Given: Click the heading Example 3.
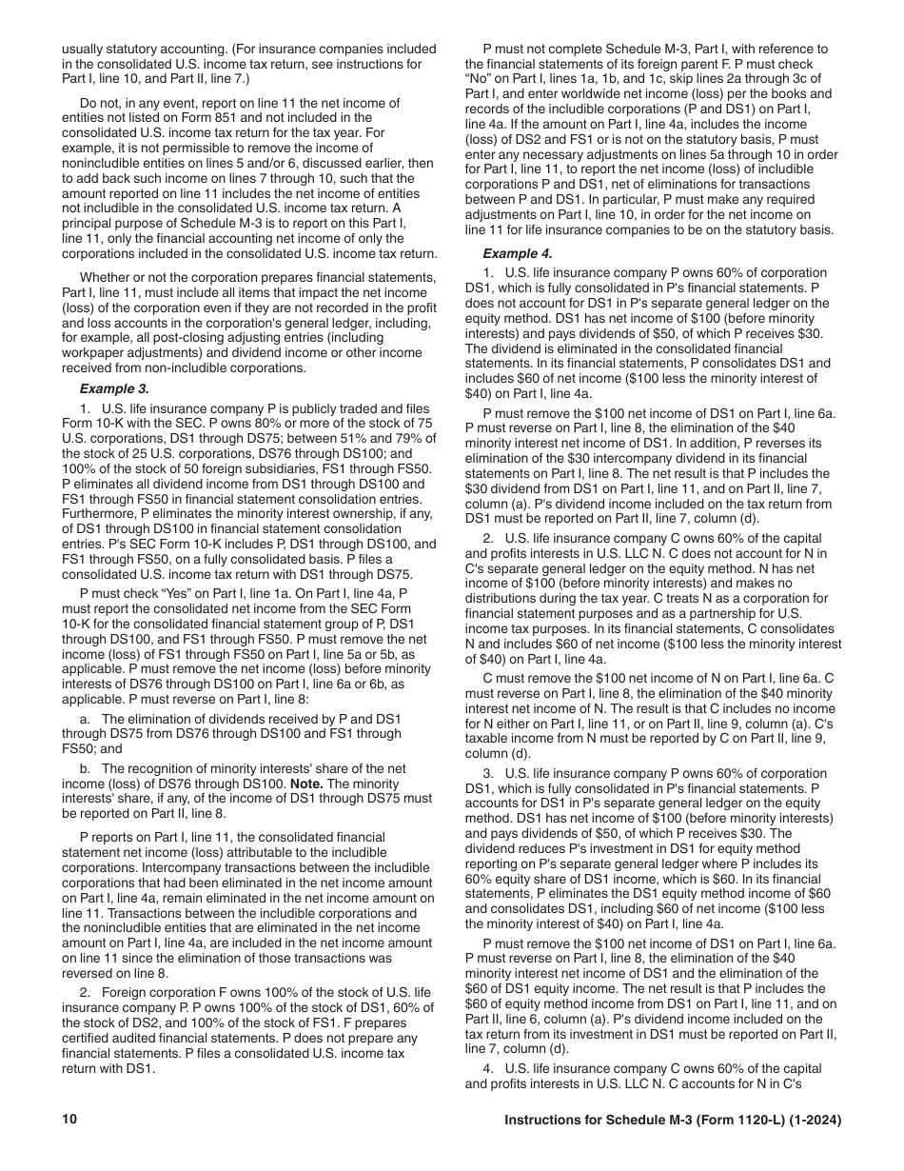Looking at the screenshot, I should [x=113, y=388].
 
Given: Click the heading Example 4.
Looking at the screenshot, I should [x=518, y=253].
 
